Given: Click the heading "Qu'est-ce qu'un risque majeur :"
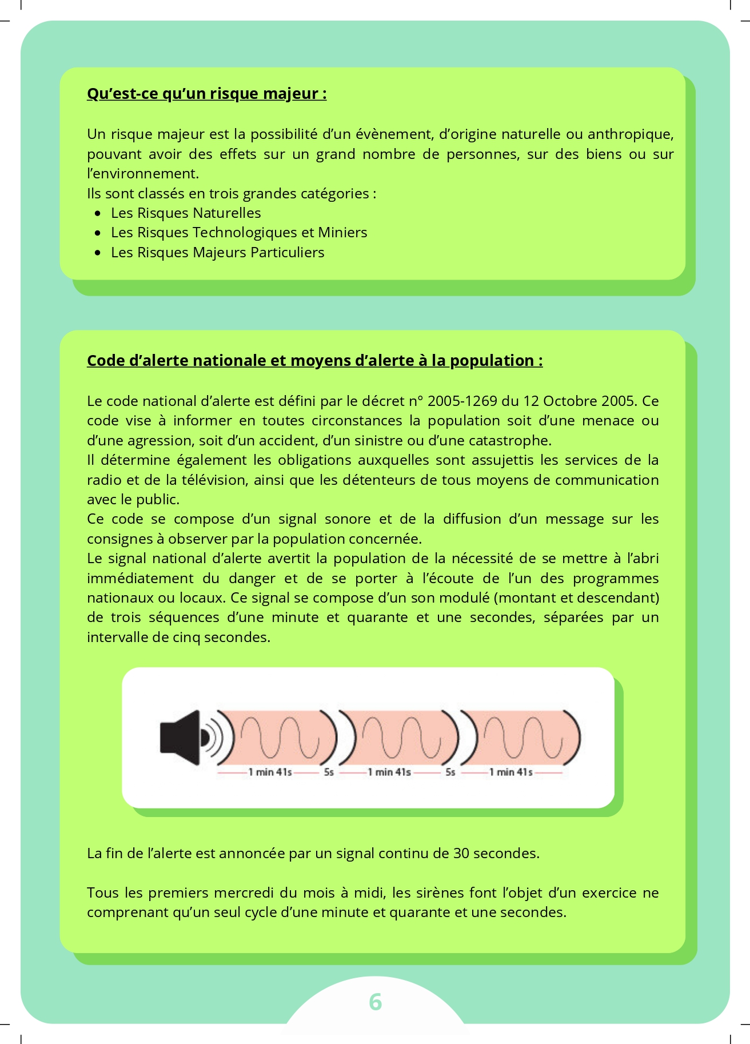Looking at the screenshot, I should click(x=206, y=93).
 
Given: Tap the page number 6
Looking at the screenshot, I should click(x=375, y=1002).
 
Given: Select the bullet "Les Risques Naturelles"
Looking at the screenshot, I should click(x=186, y=213).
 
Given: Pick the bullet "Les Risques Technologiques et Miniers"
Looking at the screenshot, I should click(x=239, y=232).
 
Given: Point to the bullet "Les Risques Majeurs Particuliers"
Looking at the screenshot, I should click(x=217, y=252).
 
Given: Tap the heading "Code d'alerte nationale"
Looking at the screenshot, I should click(x=314, y=360).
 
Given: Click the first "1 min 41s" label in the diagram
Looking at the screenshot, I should click(x=270, y=772).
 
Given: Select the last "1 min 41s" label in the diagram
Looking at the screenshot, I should click(x=510, y=772).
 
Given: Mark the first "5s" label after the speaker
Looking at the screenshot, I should click(x=329, y=772).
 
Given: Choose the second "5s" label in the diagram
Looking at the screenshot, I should click(x=450, y=772).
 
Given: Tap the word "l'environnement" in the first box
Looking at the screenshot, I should click(x=142, y=173).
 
